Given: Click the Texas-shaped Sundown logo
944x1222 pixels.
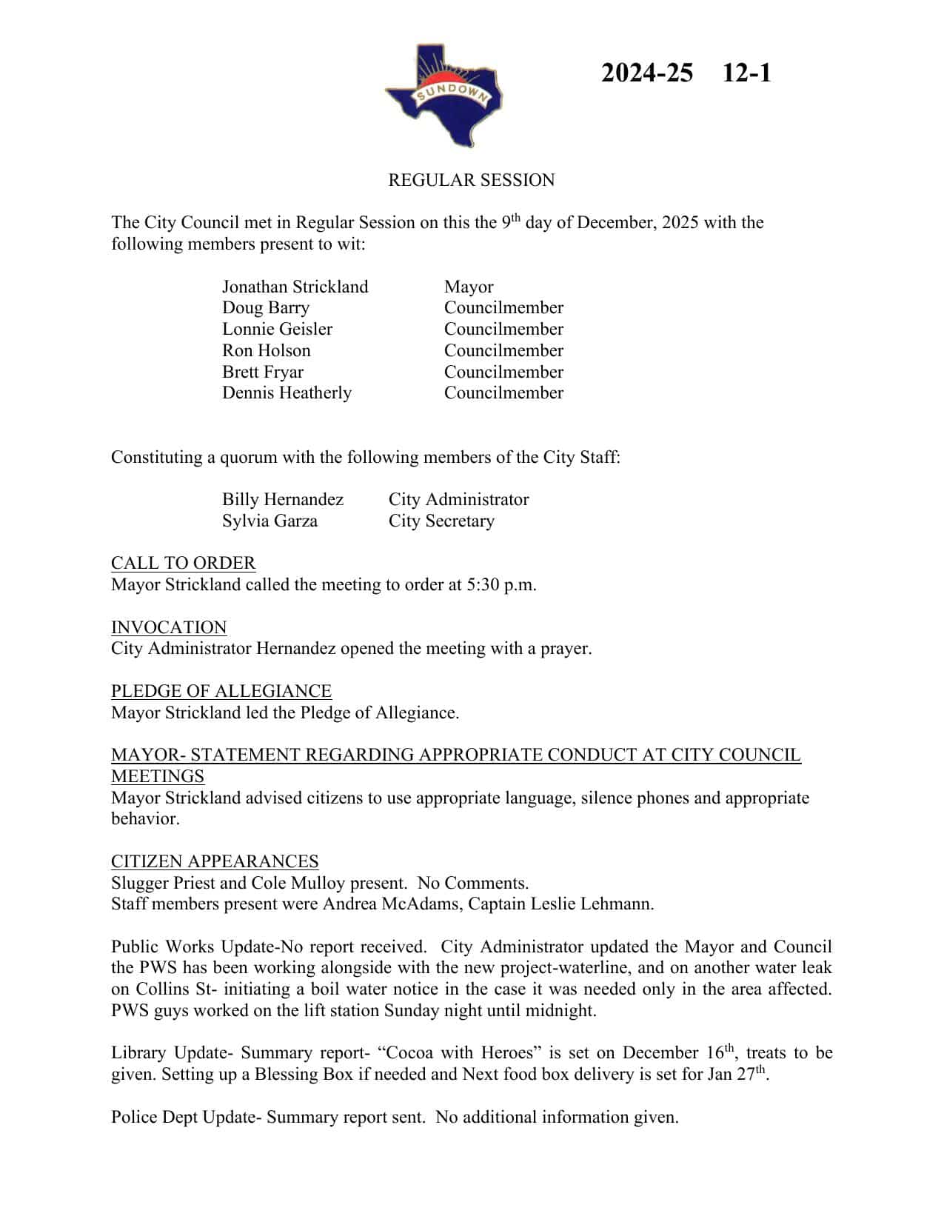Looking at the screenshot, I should pos(443,95).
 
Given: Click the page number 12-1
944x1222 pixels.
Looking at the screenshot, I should pos(746,73).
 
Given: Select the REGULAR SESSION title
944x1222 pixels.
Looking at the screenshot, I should pos(471,180).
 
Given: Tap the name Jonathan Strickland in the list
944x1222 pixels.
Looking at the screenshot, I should pos(295,287).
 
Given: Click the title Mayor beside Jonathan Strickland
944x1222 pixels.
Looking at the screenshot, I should pos(468,287).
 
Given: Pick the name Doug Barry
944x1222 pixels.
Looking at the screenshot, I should pos(265,308).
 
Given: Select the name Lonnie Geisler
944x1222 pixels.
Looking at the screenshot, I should pos(277,329).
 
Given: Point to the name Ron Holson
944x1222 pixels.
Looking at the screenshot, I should pos(266,350).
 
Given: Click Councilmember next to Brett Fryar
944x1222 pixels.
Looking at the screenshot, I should pos(503,372).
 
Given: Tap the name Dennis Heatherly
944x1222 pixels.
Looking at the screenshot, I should pos(287,393).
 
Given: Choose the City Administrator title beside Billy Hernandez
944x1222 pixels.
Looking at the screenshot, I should pos(458,499).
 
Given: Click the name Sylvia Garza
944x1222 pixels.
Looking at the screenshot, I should pos(270,521).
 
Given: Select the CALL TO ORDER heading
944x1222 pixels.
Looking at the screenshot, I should pos(183,563).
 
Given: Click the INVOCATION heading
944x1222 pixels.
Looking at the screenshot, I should pos(169,627).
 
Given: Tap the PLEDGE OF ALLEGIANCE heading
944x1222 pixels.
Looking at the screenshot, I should pos(221,691).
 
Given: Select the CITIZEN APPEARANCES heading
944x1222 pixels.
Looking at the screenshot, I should pos(215,861).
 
